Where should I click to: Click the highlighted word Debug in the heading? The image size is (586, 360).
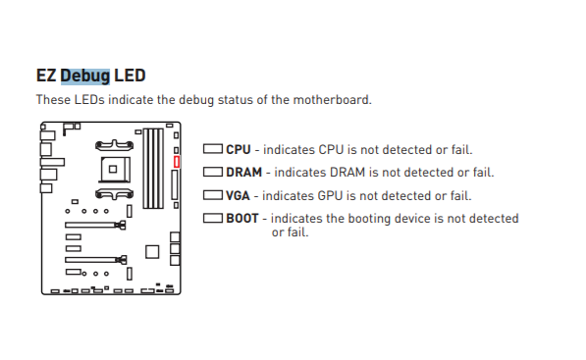click(x=85, y=77)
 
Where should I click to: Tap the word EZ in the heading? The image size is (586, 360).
click(x=46, y=76)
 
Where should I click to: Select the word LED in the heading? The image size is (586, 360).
click(x=130, y=76)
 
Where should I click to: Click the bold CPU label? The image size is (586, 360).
click(x=239, y=149)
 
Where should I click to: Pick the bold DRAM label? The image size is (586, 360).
click(x=243, y=173)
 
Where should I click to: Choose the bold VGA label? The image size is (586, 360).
click(x=238, y=195)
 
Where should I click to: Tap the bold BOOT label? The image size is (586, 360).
click(x=242, y=218)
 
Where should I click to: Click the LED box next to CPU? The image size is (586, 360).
click(x=213, y=149)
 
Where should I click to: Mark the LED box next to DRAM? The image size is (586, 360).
click(x=213, y=172)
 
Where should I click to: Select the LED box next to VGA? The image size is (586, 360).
click(x=213, y=195)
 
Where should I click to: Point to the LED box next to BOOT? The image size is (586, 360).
click(x=213, y=218)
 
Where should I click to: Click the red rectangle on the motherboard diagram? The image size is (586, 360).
click(x=177, y=162)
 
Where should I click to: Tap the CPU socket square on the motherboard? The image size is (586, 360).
click(x=115, y=169)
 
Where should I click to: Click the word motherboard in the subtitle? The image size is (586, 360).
click(x=332, y=100)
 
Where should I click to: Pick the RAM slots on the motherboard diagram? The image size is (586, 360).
click(x=153, y=169)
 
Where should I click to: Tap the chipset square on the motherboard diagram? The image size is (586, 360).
click(x=152, y=252)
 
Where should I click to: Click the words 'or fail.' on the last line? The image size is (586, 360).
click(x=290, y=232)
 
